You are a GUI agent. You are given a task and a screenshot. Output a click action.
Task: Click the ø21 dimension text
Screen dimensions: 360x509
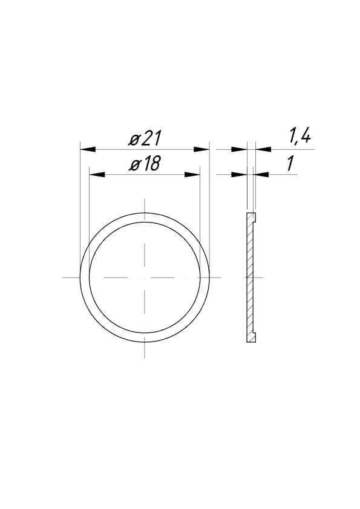(x=145, y=138)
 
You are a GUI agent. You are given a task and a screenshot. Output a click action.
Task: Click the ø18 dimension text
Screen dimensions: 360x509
(x=145, y=164)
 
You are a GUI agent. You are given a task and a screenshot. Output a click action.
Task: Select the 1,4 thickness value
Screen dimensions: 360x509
(x=299, y=137)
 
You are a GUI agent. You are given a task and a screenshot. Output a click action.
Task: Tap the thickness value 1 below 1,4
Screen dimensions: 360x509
(x=290, y=163)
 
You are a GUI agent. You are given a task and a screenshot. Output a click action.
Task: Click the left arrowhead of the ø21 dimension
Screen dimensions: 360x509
(x=88, y=149)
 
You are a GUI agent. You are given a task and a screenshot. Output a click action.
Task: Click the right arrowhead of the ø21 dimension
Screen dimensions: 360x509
(x=201, y=149)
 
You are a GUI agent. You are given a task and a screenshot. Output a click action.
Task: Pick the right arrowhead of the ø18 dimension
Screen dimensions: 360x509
(x=192, y=175)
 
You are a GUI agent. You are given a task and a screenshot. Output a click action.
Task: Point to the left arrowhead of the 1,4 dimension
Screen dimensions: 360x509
(x=239, y=149)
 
